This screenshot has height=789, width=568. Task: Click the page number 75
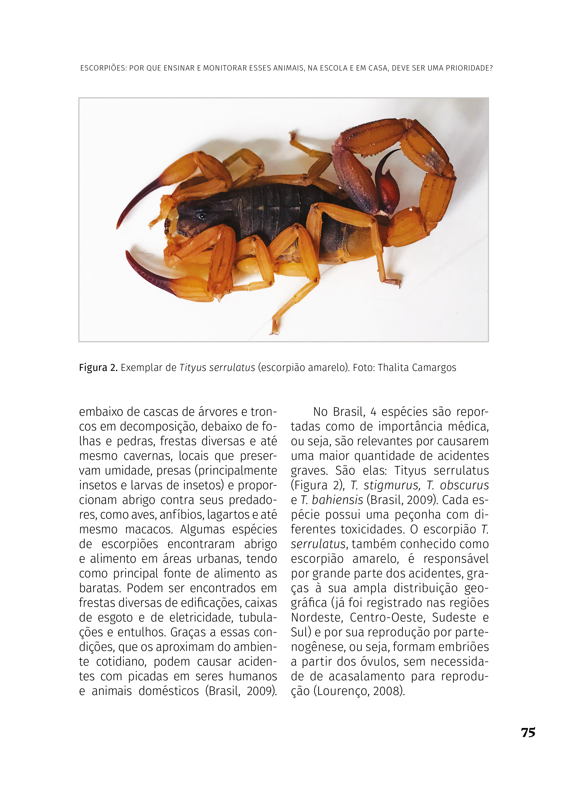(x=528, y=733)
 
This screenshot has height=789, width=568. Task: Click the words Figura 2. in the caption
(x=98, y=368)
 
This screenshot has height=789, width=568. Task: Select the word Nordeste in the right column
(x=317, y=617)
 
